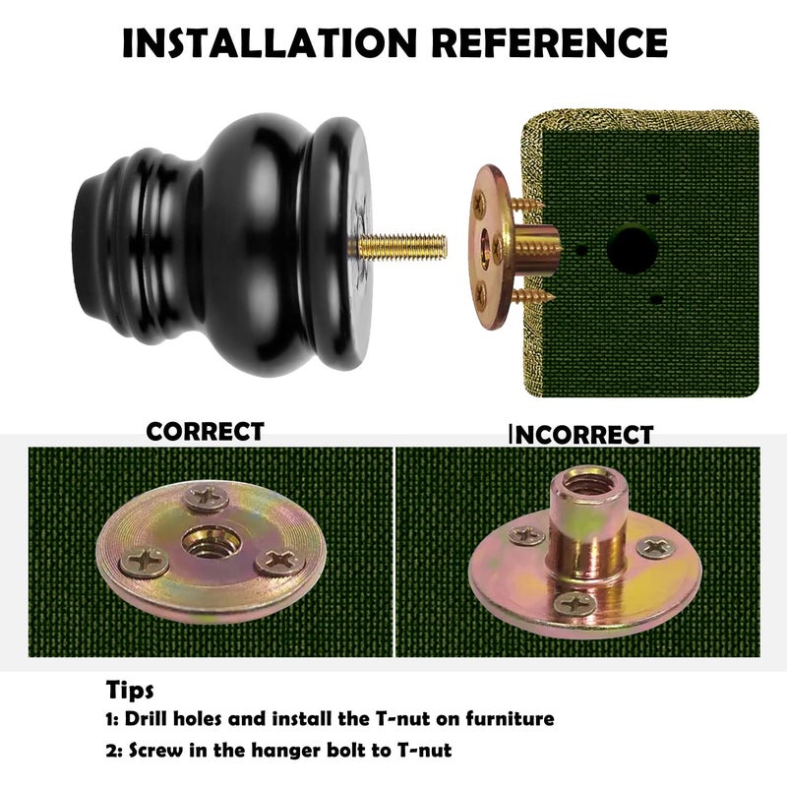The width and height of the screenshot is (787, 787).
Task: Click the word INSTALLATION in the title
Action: point(270,42)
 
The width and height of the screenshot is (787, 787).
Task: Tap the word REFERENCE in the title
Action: point(550,42)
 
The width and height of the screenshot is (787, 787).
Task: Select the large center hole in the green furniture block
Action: point(632,249)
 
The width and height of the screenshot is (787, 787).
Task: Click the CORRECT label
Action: point(205,432)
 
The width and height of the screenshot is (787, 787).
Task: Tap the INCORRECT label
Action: point(581,435)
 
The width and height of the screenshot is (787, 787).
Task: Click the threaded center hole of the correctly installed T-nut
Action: point(211,542)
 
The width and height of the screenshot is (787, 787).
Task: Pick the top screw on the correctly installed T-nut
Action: point(207,498)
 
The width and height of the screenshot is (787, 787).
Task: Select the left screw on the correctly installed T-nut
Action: point(144,563)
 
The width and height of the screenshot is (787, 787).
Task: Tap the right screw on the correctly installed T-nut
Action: point(280,562)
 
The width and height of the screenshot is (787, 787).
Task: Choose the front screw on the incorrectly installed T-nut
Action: point(575,603)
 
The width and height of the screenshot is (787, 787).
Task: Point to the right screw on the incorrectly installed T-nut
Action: point(656,547)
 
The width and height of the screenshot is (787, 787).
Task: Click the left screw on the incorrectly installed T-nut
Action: point(526,536)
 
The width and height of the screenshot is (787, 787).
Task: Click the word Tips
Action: point(130,691)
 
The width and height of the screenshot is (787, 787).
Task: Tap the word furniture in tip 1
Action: point(510,718)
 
